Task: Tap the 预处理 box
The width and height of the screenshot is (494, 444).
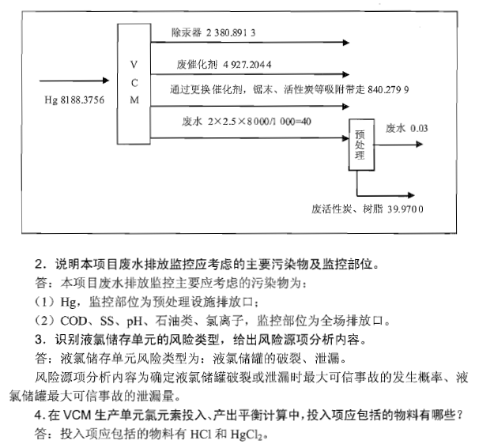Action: point(360,145)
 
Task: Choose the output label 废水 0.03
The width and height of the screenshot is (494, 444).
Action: point(406,127)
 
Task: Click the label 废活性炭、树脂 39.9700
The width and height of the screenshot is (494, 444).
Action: point(368,209)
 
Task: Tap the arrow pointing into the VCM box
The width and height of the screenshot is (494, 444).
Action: point(79,80)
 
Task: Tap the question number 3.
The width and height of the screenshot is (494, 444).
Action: point(38,340)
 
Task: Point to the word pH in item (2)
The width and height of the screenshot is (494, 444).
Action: point(131,321)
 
